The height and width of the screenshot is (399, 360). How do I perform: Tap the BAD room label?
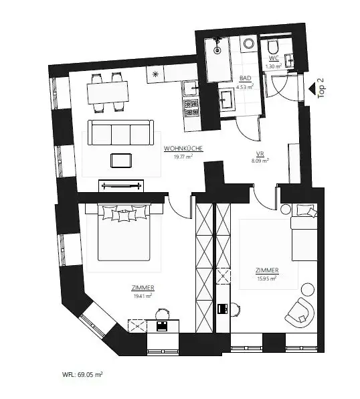click(245, 78)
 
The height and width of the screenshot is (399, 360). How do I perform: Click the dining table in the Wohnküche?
click(107, 92)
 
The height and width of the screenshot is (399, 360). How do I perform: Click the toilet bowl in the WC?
click(272, 48)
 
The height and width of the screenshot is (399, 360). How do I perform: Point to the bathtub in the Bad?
click(217, 59)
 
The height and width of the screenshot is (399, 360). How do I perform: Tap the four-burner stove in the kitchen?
click(191, 105)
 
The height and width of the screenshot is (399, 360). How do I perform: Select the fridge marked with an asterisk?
click(155, 74)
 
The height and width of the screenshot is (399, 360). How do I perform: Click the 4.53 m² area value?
click(245, 86)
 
